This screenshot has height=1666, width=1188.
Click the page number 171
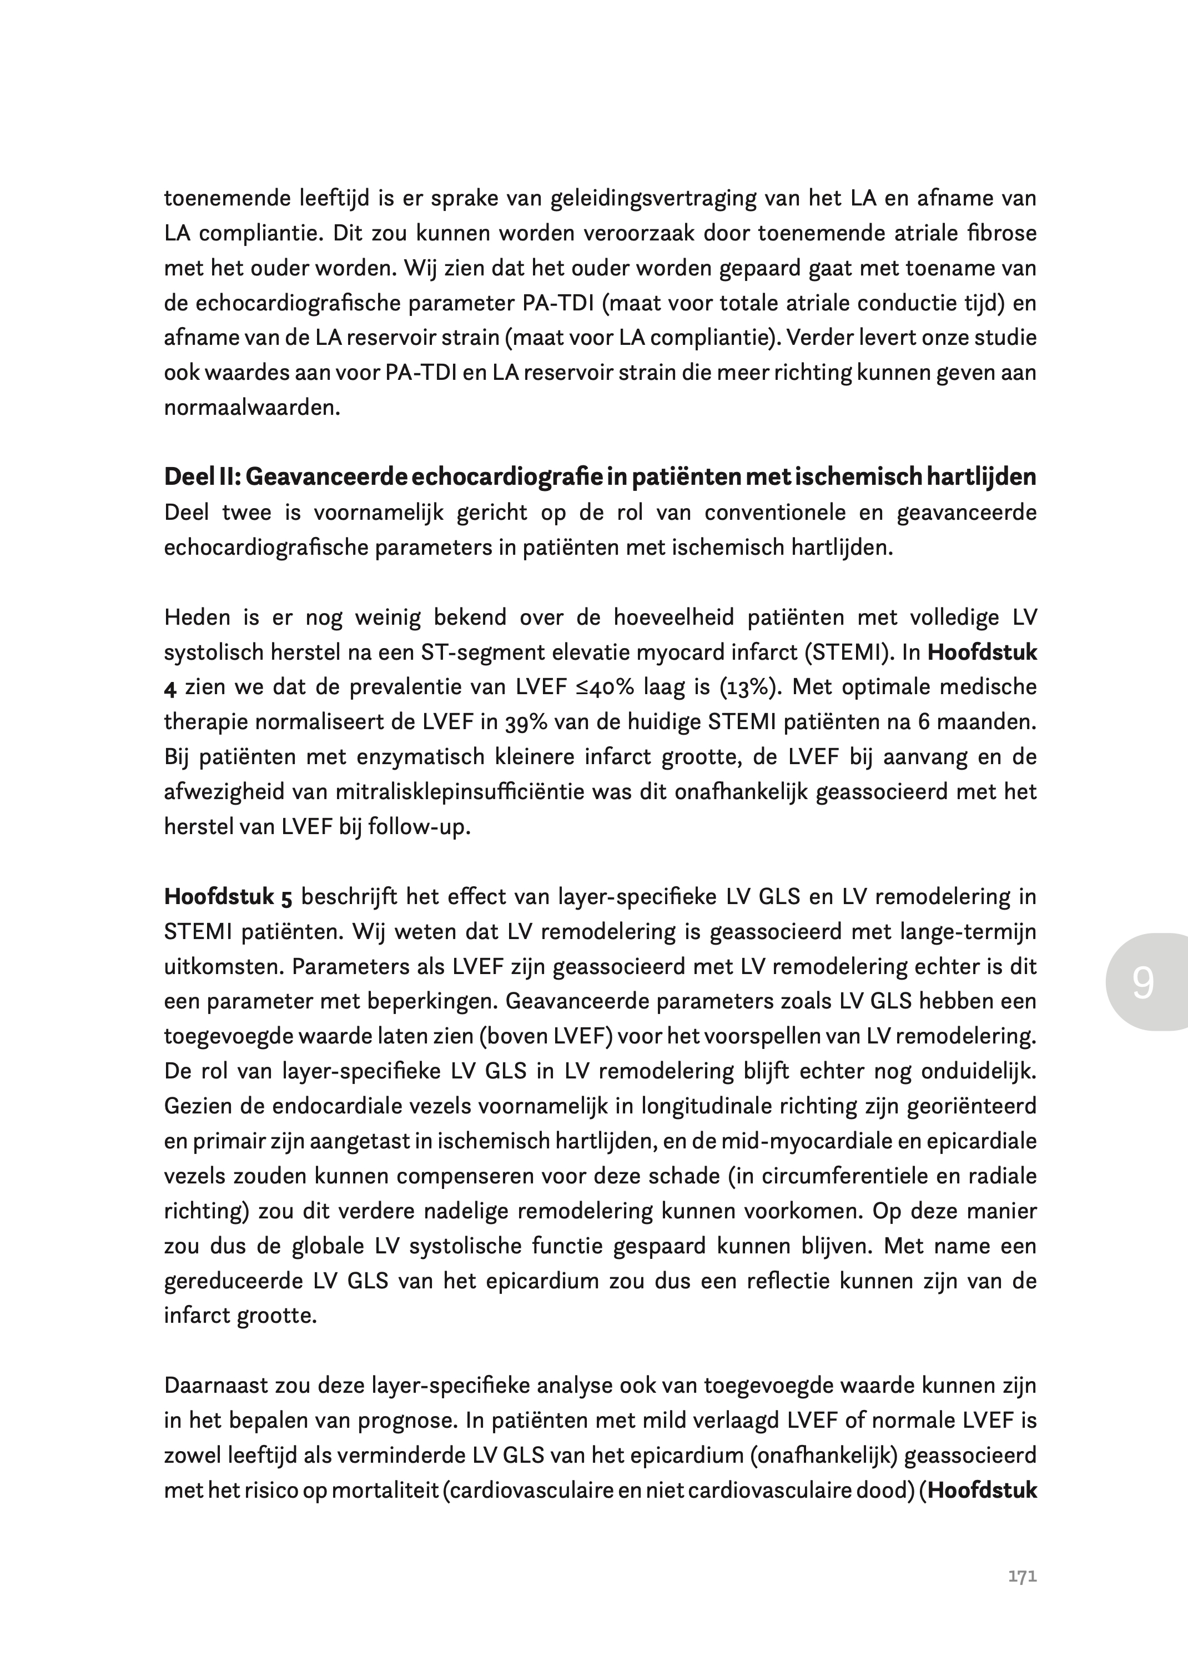tap(1022, 1577)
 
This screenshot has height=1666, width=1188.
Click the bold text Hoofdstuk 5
tap(228, 897)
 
